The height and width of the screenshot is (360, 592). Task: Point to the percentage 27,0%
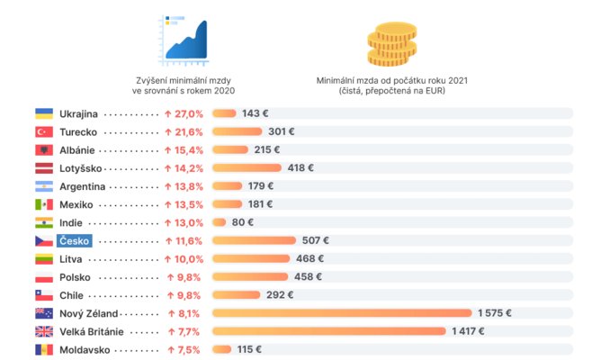tap(184, 114)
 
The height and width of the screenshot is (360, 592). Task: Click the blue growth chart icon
tap(184, 38)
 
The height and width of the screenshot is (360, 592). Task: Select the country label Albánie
tap(77, 150)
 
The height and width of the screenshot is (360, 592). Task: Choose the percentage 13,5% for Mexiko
tap(184, 204)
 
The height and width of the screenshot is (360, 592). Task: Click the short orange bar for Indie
tap(219, 222)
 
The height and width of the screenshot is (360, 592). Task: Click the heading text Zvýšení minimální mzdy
tap(183, 80)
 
